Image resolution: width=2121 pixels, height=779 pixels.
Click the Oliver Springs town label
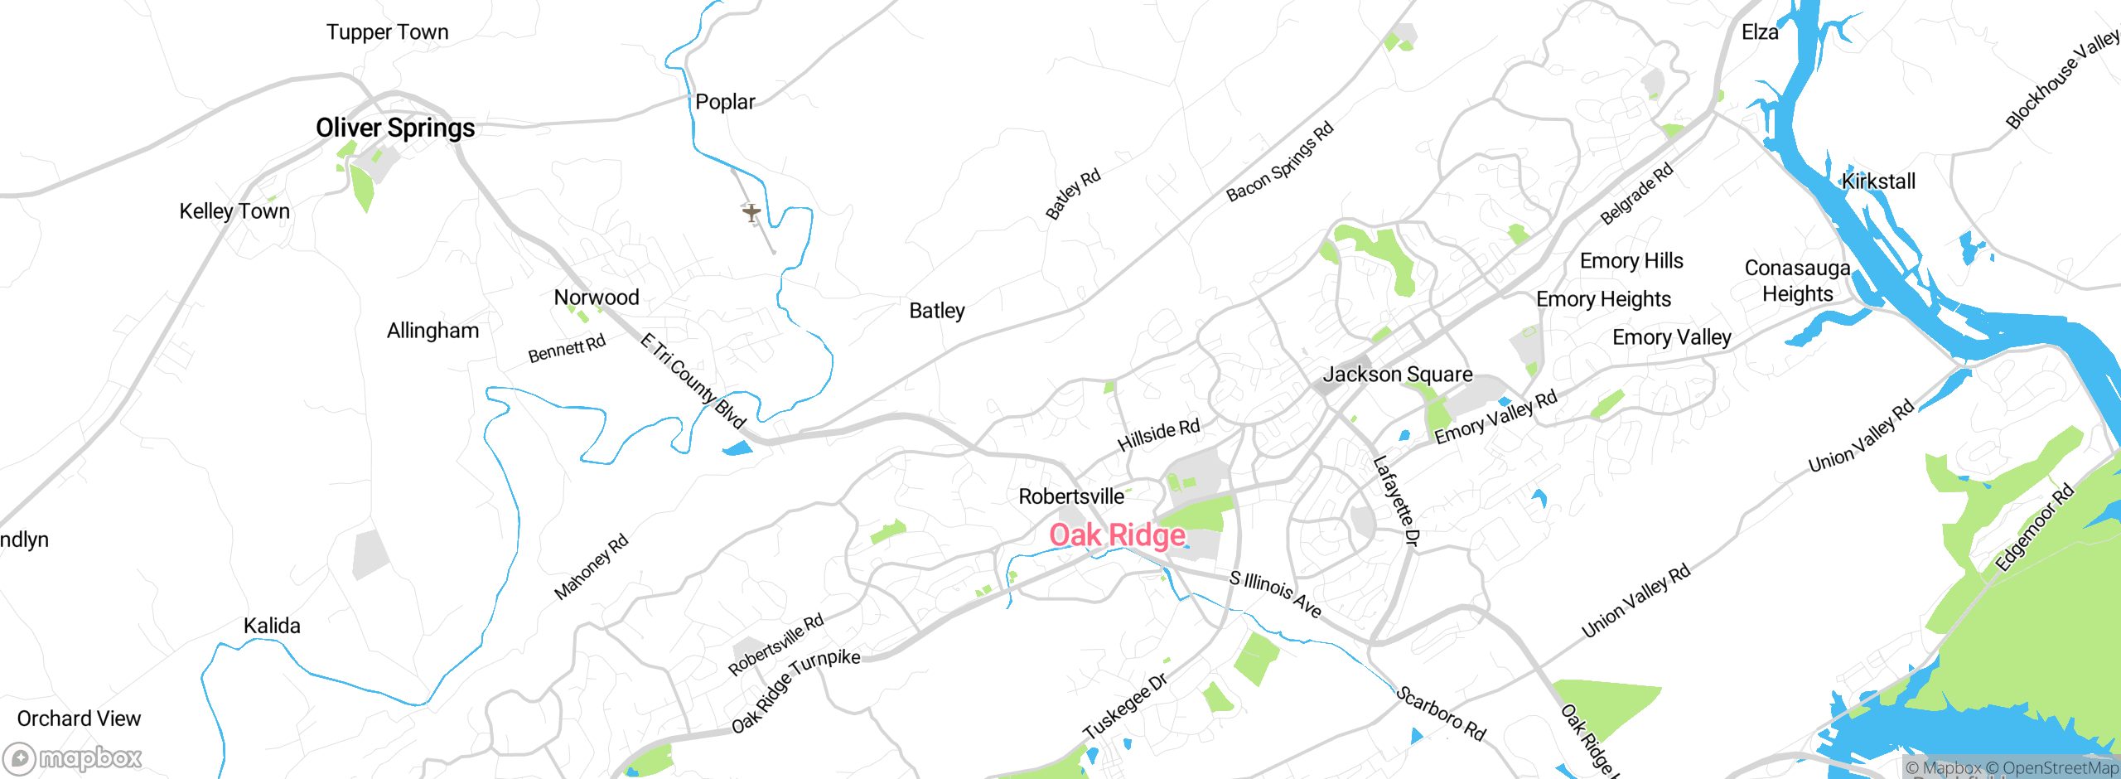(x=395, y=128)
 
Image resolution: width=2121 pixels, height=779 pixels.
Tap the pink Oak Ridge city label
(x=1117, y=535)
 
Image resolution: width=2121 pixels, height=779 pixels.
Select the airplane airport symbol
(x=751, y=213)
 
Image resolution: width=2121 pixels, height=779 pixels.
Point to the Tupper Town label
(x=387, y=32)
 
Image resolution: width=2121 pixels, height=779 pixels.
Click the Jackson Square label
(x=1398, y=375)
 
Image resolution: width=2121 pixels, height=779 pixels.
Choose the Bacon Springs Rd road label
(x=1280, y=162)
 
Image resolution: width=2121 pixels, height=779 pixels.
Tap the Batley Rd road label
(x=1073, y=194)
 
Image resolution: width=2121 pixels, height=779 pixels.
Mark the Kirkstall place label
(x=1878, y=181)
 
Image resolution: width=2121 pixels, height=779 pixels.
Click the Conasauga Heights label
(x=1797, y=281)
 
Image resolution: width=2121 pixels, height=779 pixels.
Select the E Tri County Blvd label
(x=693, y=380)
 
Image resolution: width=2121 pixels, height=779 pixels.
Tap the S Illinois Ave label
(x=1275, y=593)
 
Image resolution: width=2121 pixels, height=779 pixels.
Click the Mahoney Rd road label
(x=592, y=568)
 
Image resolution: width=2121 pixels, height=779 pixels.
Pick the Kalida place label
(x=272, y=627)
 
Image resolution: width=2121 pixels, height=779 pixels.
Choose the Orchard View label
(x=79, y=719)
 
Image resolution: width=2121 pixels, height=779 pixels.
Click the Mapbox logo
(x=73, y=757)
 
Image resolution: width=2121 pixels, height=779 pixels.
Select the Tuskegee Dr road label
(x=1125, y=705)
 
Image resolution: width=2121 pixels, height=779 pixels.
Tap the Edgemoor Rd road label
(x=2034, y=528)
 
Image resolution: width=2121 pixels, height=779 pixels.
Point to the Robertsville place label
(x=1071, y=496)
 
